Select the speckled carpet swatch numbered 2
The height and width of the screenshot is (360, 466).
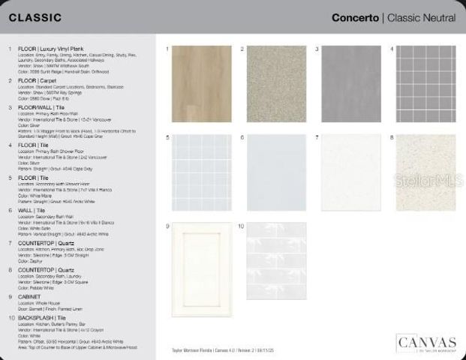[276, 83]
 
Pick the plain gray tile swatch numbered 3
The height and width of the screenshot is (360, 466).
[351, 83]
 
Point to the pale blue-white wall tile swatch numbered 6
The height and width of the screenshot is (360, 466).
[276, 172]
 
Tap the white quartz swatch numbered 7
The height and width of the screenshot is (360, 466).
[351, 172]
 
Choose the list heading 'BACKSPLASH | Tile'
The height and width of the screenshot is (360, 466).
[41, 318]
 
